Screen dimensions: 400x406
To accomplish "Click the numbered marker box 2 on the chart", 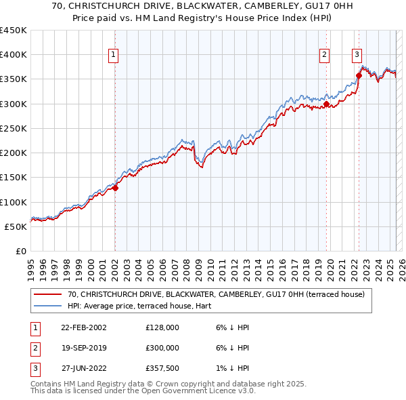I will coord(325,56).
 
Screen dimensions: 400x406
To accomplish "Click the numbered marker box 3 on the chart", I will coord(357,56).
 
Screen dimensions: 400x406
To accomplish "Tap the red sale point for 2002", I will coord(115,188).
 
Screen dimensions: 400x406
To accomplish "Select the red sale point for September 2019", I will coord(326,104).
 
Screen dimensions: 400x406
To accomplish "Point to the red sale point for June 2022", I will coord(359,76).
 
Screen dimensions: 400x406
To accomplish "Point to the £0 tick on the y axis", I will coord(20,252).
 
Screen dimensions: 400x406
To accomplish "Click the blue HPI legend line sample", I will coord(48,305).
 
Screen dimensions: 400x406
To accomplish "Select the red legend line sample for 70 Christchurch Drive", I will coord(48,294).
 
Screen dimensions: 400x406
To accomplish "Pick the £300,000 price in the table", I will coord(162,348).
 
